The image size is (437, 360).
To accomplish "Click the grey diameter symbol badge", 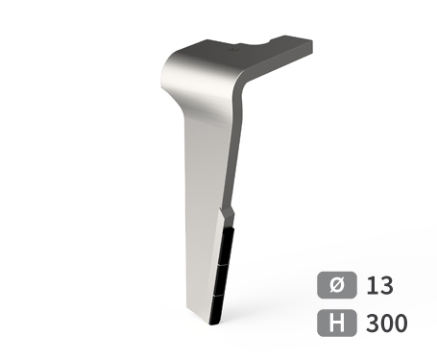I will coord(337,285).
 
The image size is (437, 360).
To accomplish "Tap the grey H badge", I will coord(337,323).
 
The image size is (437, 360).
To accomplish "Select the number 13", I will coord(379,285).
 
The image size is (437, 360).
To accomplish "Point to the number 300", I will coord(386,323).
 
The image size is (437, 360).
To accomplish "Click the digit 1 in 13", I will coord(372,285).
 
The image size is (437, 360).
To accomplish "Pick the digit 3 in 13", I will coord(386,285).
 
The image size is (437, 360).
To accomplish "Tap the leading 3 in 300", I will coord(373,323).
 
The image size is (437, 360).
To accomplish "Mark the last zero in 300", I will coord(401,323).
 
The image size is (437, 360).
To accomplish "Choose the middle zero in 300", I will coord(386,323).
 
